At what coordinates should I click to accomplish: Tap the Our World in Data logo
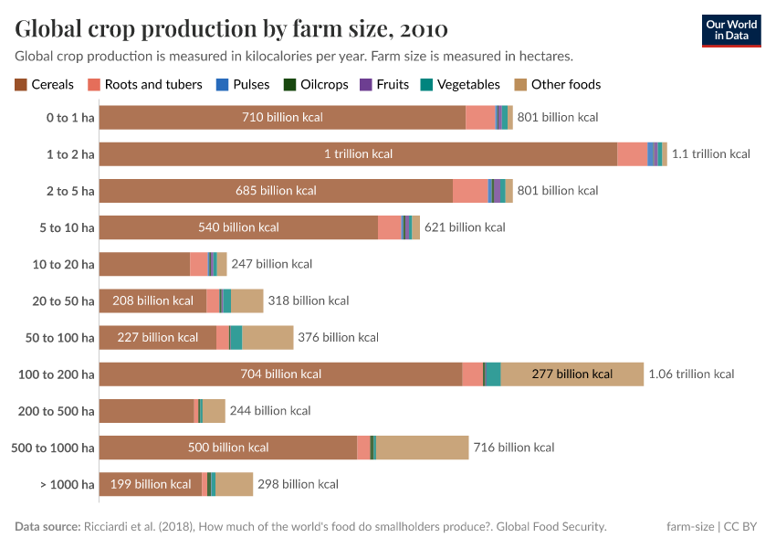(731, 30)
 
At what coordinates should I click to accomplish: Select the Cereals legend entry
(45, 84)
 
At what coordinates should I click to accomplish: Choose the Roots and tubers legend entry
(145, 84)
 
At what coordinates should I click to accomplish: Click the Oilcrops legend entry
(317, 84)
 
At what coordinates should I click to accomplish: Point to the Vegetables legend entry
(460, 84)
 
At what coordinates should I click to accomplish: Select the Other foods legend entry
(558, 84)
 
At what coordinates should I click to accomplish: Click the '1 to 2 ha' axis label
(70, 154)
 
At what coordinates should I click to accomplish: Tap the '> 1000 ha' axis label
(68, 484)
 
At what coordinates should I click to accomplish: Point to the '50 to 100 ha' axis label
(60, 337)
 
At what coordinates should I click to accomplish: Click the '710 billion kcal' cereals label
(282, 117)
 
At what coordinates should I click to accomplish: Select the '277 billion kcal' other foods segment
(572, 374)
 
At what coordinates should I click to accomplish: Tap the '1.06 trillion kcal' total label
(691, 374)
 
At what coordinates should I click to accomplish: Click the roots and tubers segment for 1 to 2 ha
(632, 154)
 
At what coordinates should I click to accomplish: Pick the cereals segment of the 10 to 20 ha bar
(144, 264)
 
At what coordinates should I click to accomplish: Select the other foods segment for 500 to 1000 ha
(422, 448)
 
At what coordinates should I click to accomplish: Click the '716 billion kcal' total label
(514, 448)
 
